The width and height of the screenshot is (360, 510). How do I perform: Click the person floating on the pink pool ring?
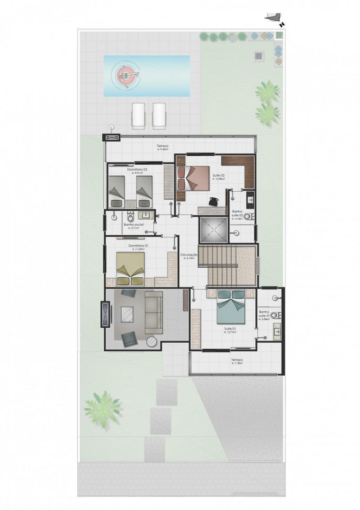pos(126,74)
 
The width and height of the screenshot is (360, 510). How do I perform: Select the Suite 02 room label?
pos(218,176)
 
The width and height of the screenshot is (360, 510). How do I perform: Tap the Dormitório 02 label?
pos(137,169)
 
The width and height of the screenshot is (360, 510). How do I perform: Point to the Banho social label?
pos(134,225)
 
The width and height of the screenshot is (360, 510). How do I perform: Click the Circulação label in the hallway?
pos(189,255)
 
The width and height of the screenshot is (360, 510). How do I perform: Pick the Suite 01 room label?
pos(230,329)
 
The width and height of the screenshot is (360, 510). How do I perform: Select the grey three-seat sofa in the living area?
pos(153,312)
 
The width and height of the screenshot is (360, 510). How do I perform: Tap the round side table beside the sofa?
pos(151,341)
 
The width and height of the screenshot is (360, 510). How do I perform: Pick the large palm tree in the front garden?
pos(102,408)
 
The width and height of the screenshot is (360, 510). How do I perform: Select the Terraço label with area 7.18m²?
pos(237,361)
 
